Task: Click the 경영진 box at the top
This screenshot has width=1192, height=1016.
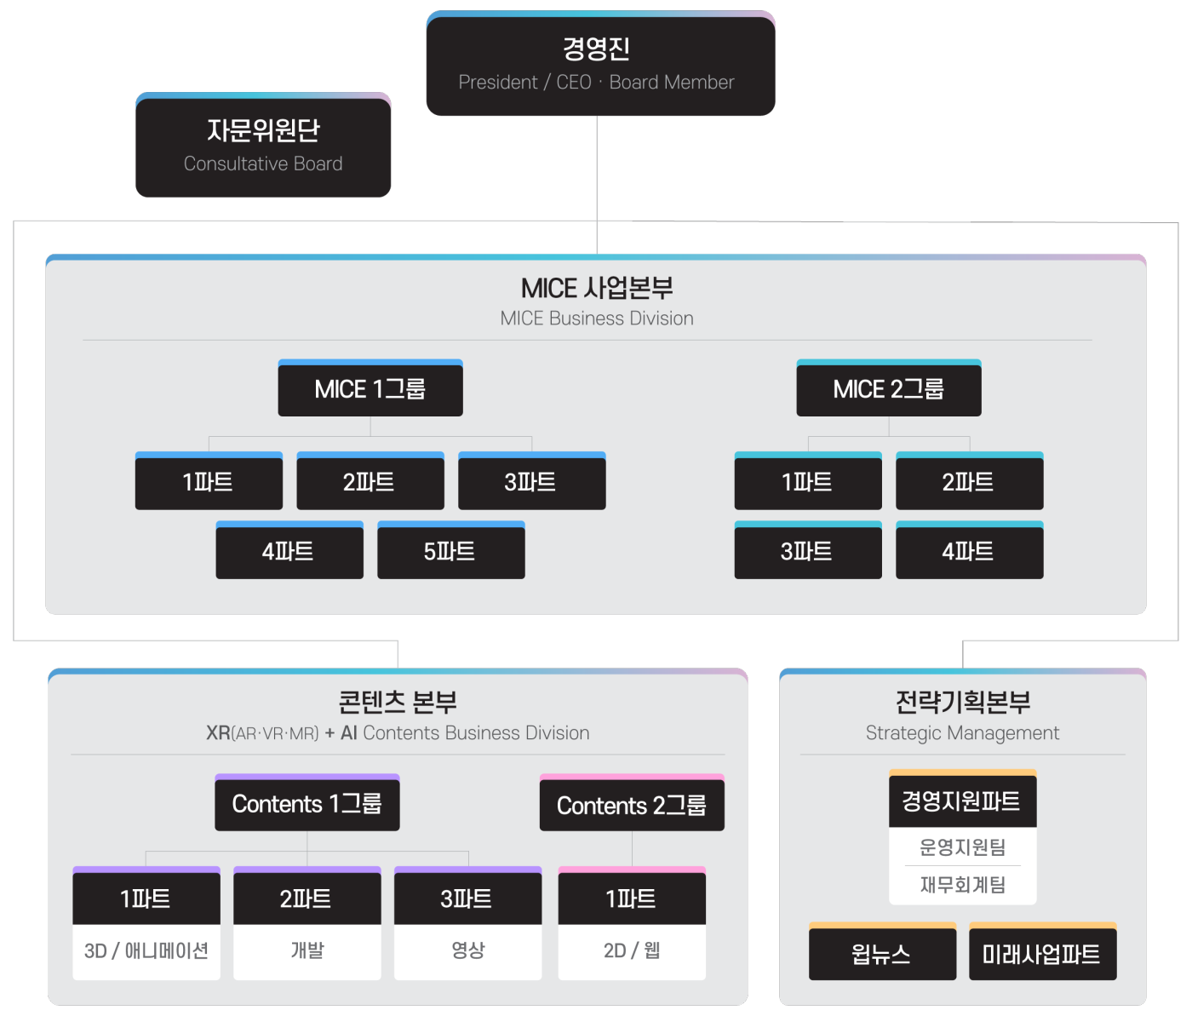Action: (x=600, y=64)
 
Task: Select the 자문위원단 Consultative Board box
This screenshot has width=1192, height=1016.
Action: (x=263, y=146)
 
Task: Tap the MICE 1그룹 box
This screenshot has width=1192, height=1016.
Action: (x=370, y=389)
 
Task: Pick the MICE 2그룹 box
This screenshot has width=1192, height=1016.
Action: (x=889, y=389)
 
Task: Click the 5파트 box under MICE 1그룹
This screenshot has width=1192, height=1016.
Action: (x=451, y=551)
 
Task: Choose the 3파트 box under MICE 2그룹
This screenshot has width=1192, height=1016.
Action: (x=808, y=551)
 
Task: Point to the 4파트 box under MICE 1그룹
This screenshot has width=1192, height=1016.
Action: (x=289, y=551)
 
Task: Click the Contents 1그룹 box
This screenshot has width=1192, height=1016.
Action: (x=307, y=804)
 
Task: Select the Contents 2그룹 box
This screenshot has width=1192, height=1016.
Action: (x=632, y=805)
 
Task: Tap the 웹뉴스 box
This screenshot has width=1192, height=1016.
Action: (x=882, y=954)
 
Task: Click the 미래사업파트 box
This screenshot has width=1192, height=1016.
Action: (x=1042, y=954)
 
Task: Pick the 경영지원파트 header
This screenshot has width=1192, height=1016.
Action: (x=962, y=801)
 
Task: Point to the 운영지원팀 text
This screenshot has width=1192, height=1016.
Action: (x=962, y=847)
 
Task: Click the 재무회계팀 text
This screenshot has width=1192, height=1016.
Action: (x=962, y=885)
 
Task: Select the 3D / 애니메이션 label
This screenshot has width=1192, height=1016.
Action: (x=146, y=950)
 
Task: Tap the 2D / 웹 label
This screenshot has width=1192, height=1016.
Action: (x=632, y=950)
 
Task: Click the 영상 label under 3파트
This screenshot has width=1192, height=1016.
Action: (x=467, y=950)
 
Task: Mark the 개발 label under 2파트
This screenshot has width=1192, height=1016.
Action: (x=307, y=950)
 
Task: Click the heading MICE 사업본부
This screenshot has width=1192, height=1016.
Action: (x=597, y=289)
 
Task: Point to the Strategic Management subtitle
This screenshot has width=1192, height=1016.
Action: (x=962, y=732)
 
